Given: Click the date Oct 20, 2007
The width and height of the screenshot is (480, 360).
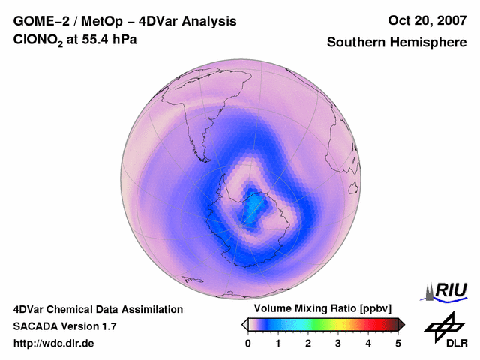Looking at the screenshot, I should click(427, 21).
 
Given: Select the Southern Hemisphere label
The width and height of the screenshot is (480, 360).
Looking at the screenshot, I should click(397, 43).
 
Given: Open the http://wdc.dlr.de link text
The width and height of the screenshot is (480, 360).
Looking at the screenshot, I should click(54, 343).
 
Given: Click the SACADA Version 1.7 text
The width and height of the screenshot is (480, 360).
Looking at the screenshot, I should click(64, 326).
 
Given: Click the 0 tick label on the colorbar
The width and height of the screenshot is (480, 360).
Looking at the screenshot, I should click(248, 343).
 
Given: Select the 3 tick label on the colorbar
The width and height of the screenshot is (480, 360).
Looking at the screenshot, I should click(338, 343).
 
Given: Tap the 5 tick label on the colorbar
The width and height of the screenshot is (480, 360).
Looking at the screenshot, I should click(398, 343).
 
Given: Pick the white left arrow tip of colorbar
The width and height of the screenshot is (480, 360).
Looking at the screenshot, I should click(244, 324).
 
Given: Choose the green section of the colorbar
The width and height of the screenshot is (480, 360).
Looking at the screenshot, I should click(319, 324).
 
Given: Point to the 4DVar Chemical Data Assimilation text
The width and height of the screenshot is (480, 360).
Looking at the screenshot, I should click(98, 309).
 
